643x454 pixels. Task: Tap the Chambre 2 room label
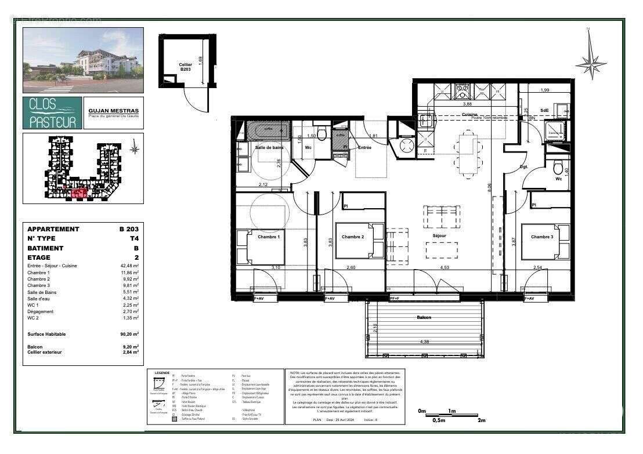[x=353, y=237]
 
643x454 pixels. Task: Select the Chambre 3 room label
[x=541, y=237]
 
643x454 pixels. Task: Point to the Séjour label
[x=439, y=237]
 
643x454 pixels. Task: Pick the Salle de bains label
[x=269, y=147]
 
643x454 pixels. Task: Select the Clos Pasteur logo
[x=52, y=113]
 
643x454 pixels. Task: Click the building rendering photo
[x=83, y=60]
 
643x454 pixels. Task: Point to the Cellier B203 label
[x=185, y=66]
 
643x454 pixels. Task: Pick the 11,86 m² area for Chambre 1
[x=129, y=273]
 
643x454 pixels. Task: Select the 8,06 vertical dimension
[x=489, y=187]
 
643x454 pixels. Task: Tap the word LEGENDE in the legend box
[x=158, y=373]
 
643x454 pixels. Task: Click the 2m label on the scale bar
[x=481, y=421]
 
